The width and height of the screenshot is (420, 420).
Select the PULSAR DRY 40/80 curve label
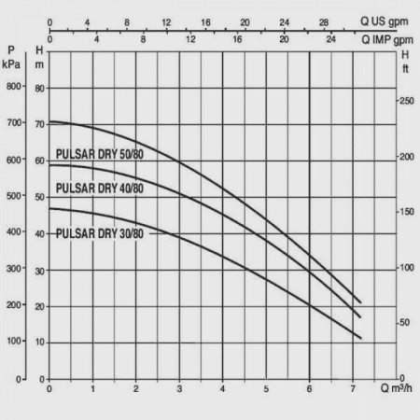tap(100, 189)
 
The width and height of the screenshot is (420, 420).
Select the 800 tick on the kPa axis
tap(13, 87)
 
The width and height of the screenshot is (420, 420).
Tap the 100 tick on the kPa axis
tap(13, 343)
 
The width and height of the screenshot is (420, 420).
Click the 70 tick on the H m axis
tap(39, 124)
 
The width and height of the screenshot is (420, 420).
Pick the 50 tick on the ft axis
tap(404, 323)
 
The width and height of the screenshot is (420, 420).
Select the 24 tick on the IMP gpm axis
tap(331, 40)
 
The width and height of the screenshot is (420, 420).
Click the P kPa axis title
tap(11, 59)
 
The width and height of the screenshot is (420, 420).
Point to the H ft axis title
tap(405, 59)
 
